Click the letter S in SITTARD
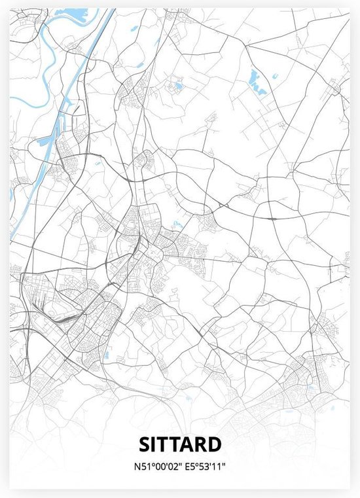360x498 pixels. tap(145, 444)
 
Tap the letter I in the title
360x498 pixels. tap(155, 444)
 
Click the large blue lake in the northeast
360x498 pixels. tap(255, 80)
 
